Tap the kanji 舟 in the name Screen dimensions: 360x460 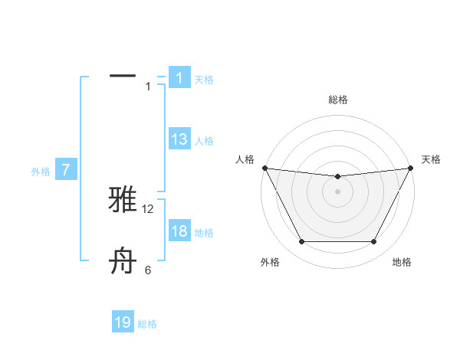coord(123,260)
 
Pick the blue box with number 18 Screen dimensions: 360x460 coord(179,231)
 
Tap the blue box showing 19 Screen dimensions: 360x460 coord(123,322)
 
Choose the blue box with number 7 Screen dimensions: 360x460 coord(67,170)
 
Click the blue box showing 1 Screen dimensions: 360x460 coord(179,77)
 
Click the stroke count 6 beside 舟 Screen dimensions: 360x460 coord(148,270)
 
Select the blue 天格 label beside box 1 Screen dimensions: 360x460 coord(204,79)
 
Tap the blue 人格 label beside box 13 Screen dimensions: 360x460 coord(204,140)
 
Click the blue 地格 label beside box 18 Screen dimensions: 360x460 coord(204,233)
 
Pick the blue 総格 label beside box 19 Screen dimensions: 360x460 coord(147,324)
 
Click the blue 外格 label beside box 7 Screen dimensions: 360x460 coord(41,172)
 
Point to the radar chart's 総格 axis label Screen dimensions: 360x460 coord(337,100)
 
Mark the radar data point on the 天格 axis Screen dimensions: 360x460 coord(410,168)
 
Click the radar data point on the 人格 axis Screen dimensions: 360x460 coord(264,168)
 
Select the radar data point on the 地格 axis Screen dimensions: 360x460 coord(374,242)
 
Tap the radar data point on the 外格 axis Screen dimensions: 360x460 coord(301,242)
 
